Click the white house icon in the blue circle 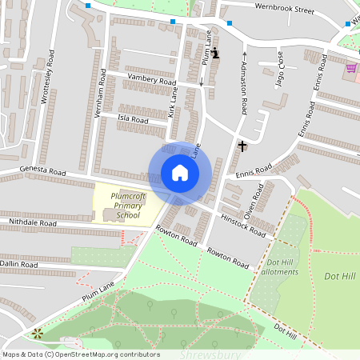tap(180, 173)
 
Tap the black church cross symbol tap(242, 146)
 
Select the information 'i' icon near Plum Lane tap(214, 54)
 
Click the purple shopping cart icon tap(351, 68)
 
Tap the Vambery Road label tap(152, 81)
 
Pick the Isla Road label tap(133, 119)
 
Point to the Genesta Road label tap(43, 171)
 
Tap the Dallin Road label tap(19, 263)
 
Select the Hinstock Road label tap(243, 226)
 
